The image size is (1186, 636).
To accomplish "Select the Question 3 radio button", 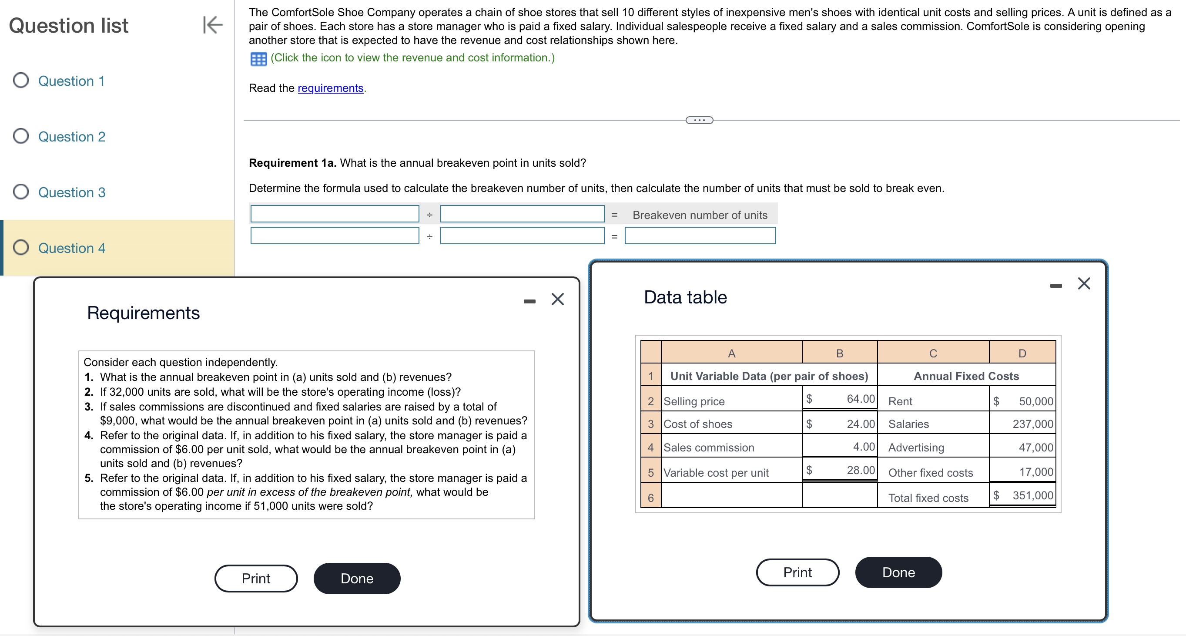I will (21, 192).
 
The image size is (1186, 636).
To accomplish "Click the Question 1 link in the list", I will (71, 81).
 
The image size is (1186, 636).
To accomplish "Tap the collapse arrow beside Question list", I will (213, 25).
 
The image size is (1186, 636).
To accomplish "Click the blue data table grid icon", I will (258, 59).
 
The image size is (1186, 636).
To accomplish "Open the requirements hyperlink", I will (330, 88).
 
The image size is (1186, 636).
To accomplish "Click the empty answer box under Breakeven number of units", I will (700, 236).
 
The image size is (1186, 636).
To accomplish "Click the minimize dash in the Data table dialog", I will (1056, 286).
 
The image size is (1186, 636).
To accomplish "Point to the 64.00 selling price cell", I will (860, 399).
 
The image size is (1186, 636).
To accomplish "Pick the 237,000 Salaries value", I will (1032, 424).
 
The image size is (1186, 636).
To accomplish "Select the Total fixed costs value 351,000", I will (1032, 495).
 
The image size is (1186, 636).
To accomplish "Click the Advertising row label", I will (916, 448).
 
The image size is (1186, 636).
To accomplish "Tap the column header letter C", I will (933, 353).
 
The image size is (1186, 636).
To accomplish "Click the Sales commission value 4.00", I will (863, 447).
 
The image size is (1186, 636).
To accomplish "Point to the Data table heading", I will (685, 297).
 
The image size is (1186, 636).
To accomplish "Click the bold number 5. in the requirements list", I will (89, 478).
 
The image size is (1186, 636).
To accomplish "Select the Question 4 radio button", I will (21, 247).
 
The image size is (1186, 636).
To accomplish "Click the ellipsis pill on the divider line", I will (699, 120).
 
